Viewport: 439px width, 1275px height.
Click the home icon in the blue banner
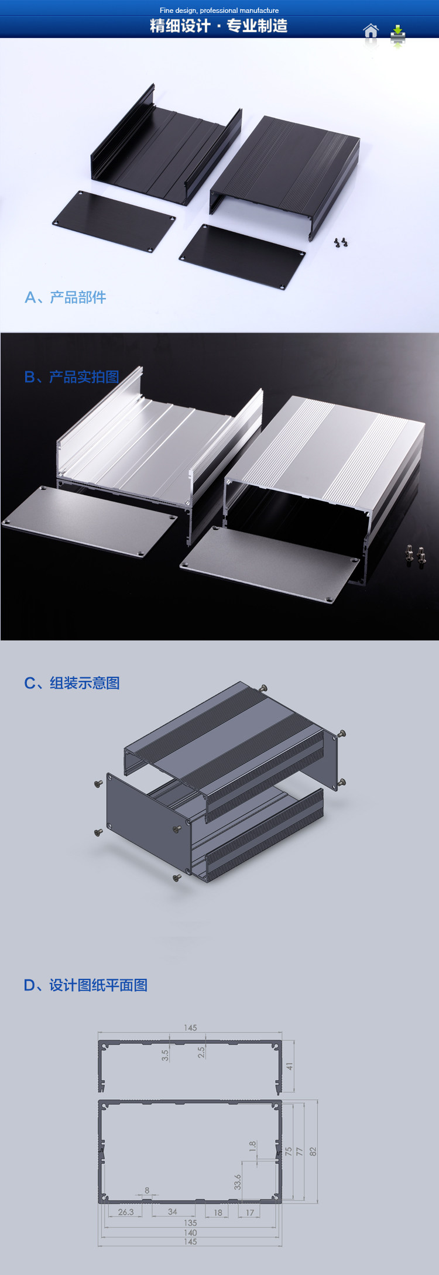[x=371, y=31]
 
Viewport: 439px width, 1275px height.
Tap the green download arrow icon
[x=397, y=33]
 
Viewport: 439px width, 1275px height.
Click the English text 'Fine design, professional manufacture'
[x=219, y=11]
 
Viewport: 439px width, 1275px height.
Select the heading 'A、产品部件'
[x=65, y=297]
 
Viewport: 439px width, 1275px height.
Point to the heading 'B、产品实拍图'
[x=71, y=377]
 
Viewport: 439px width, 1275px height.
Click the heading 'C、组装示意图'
[x=71, y=683]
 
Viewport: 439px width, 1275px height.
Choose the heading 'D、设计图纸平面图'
[x=85, y=985]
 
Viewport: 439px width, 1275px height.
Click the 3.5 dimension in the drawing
[x=165, y=1055]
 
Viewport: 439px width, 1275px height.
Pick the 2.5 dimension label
[x=201, y=1053]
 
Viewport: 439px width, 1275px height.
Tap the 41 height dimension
[x=289, y=1066]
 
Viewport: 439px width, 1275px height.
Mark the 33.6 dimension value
[x=238, y=1182]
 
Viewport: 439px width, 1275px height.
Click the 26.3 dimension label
[x=126, y=1212]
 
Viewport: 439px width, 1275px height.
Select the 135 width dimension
[x=190, y=1223]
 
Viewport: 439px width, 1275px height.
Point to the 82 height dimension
[x=313, y=1151]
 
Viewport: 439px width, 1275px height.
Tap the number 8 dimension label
[x=147, y=1190]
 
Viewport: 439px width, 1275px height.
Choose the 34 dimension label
[x=173, y=1212]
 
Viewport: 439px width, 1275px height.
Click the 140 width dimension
[x=190, y=1232]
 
